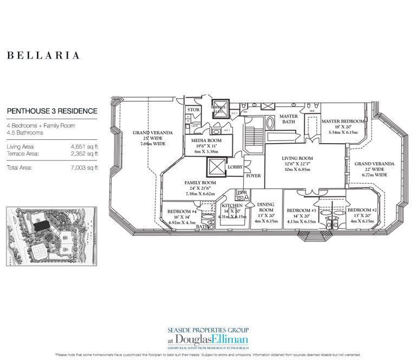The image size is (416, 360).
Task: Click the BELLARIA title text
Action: coord(43,55)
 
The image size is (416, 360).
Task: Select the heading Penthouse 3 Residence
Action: coord(52,111)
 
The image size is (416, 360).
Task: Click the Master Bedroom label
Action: coord(343,121)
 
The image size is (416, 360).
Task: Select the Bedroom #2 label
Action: coord(361,210)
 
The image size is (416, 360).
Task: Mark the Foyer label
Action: coord(253,176)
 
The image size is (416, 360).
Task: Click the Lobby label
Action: coord(235,167)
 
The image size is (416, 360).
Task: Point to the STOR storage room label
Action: coord(193,110)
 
